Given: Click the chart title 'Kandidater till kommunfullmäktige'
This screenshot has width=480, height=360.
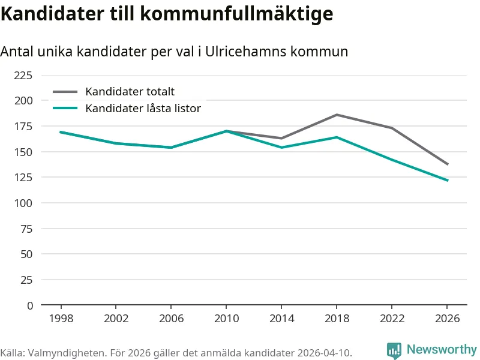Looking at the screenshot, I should tap(166, 13).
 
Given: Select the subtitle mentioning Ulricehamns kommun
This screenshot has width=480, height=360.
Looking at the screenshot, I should tap(174, 52).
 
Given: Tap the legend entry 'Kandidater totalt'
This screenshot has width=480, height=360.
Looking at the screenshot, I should tap(130, 92).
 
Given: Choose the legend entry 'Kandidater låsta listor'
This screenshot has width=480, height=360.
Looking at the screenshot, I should tap(143, 109).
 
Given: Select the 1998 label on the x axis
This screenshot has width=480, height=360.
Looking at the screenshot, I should tap(61, 319).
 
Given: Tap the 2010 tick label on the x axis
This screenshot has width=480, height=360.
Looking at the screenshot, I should tap(226, 319).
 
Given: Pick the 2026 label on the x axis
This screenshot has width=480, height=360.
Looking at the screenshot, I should tap(447, 319).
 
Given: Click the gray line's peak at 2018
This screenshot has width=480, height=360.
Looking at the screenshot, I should tap(337, 115).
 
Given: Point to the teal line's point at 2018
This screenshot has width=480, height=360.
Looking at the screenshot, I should tap(337, 137).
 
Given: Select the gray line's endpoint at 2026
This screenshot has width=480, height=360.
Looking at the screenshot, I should tap(447, 164).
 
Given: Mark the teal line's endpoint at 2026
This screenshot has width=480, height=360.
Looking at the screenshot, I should tap(447, 181).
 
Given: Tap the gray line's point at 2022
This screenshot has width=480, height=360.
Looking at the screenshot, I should tap(392, 128).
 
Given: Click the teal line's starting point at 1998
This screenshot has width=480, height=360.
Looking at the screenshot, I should tap(61, 132).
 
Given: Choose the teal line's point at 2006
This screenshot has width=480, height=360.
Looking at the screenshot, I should tap(171, 148).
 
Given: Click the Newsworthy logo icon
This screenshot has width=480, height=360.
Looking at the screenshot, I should tap(394, 350).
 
